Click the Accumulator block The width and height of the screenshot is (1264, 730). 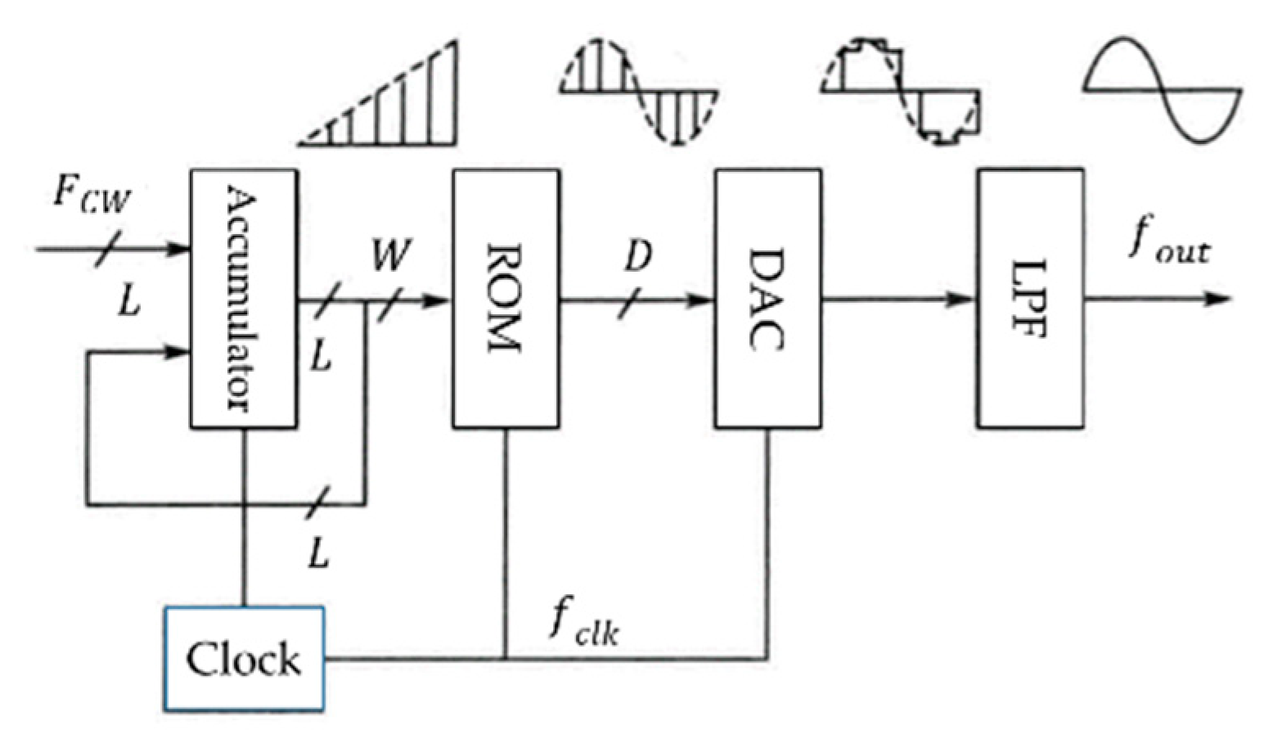[x=243, y=299]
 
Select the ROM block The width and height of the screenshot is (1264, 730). [x=506, y=299]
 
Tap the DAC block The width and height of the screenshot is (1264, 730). [x=767, y=299]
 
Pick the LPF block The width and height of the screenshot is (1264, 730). [x=1030, y=299]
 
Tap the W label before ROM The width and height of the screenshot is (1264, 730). [x=389, y=255]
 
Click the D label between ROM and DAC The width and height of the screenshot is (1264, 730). [x=637, y=256]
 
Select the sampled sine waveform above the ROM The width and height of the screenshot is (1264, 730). [x=638, y=92]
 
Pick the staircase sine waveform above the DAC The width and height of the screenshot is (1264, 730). [x=900, y=92]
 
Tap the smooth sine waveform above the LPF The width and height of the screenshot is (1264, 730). [x=1162, y=88]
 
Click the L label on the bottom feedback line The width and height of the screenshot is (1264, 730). [x=319, y=555]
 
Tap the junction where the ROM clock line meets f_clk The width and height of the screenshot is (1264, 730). [x=506, y=658]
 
